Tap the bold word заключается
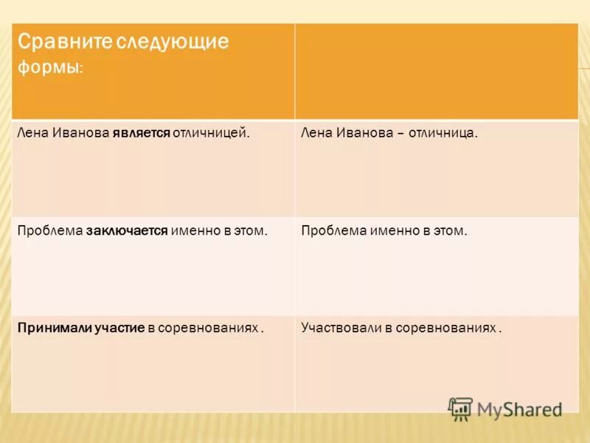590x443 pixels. click(127, 230)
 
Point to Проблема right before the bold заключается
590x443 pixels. click(50, 230)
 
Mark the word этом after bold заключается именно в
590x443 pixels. click(251, 230)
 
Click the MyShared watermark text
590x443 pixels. click(519, 408)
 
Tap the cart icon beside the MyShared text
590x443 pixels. click(461, 408)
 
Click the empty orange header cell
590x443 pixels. click(437, 71)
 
